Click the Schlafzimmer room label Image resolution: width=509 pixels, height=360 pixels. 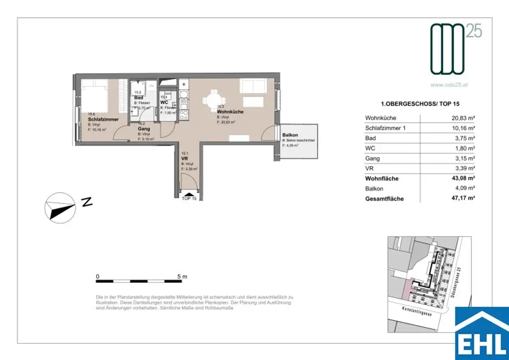[x=102, y=120]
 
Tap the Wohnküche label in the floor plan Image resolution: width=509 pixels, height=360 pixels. [x=230, y=112]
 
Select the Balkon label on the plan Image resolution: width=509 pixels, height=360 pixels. [x=290, y=135]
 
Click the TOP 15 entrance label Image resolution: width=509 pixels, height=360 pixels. [x=189, y=198]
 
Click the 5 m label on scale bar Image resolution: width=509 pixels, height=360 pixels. [x=181, y=276]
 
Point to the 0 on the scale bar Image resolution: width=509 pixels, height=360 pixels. [x=98, y=276]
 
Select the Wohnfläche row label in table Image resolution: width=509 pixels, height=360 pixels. [x=382, y=179]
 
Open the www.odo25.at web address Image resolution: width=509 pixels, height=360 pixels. [x=449, y=85]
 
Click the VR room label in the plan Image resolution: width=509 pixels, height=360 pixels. [x=184, y=159]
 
